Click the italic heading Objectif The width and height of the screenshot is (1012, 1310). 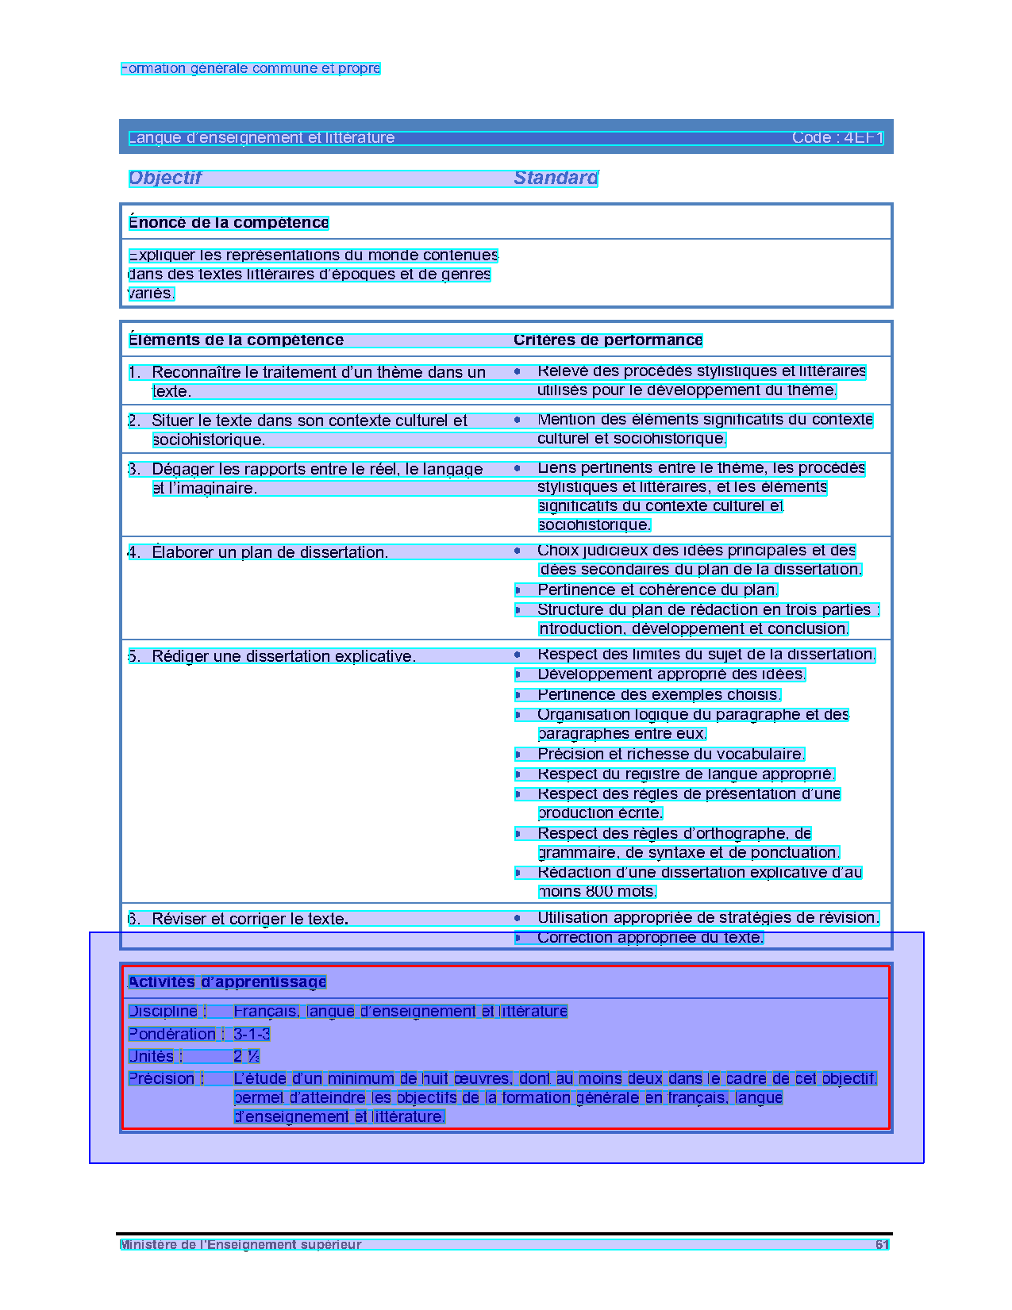(165, 178)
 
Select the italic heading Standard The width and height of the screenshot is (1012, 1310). (556, 178)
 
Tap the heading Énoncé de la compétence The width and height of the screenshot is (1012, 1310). (229, 223)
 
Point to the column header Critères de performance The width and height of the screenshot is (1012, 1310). (608, 340)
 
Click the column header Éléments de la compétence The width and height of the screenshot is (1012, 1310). (236, 340)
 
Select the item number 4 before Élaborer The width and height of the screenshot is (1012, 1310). (133, 552)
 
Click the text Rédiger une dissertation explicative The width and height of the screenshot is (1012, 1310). (283, 656)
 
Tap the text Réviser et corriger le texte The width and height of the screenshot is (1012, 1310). (250, 919)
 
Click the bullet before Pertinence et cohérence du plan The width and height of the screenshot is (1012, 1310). (518, 590)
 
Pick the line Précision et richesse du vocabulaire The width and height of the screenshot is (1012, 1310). (671, 754)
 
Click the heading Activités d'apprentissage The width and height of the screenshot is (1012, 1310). (227, 982)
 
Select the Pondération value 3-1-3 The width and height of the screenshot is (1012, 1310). (252, 1034)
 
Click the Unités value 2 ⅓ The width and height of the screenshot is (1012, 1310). (246, 1056)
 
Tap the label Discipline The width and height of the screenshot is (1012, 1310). (163, 1012)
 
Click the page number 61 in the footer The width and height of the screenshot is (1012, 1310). (882, 1245)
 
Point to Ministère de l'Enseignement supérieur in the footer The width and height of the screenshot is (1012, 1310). (240, 1245)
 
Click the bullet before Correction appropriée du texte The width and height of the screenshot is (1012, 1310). (518, 938)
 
